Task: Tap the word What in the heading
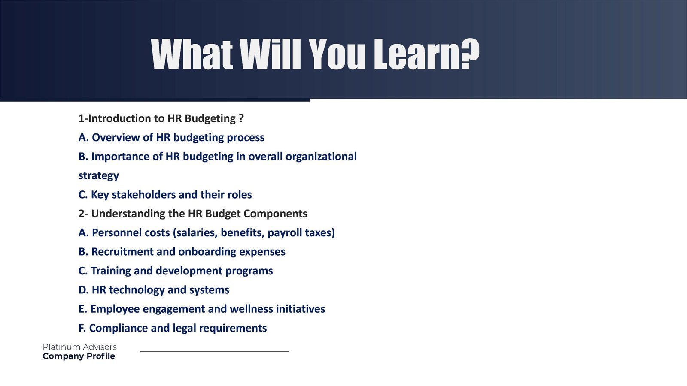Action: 192,54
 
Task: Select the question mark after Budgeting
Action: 241,118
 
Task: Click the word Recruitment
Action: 122,251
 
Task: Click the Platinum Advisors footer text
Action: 79,347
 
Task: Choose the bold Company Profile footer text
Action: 79,356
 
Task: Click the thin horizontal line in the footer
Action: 214,351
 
